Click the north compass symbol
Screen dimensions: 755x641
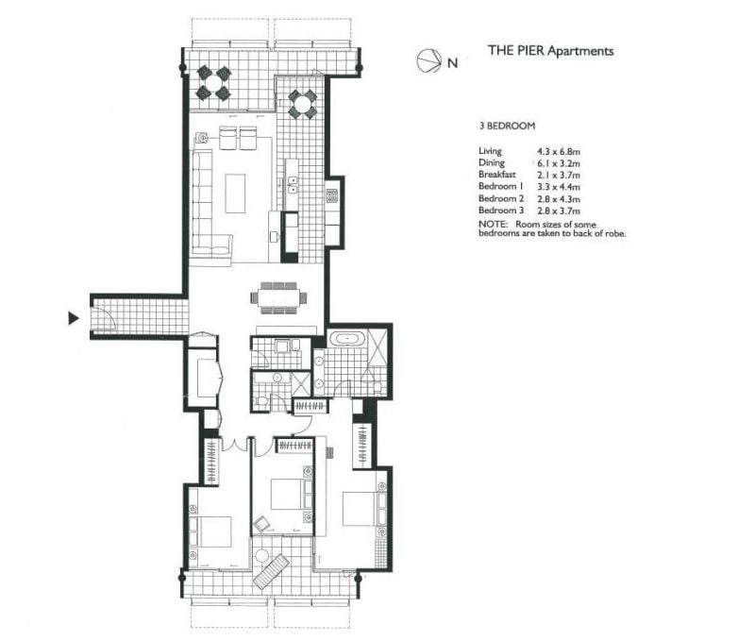point(429,61)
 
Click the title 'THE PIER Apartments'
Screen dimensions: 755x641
point(551,51)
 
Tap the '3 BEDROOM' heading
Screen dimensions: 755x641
point(507,126)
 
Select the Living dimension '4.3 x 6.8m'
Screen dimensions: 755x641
point(559,152)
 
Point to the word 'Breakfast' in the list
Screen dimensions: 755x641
point(497,175)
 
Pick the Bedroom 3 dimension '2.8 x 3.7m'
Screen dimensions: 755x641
point(559,211)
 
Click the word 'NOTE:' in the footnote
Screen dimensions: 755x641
point(493,225)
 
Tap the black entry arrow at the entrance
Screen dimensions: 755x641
point(74,318)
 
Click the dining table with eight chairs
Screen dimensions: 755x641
point(278,298)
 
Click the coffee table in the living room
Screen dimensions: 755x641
point(235,194)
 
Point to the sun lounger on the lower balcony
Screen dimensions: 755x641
point(271,572)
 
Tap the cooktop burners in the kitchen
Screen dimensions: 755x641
point(332,195)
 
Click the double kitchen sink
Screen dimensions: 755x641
point(293,185)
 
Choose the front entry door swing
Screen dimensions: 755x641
point(105,318)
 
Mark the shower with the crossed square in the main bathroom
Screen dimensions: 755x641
point(377,347)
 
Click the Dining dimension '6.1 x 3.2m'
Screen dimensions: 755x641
point(559,163)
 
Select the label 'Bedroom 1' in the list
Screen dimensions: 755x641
point(501,186)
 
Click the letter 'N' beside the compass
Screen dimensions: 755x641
point(453,63)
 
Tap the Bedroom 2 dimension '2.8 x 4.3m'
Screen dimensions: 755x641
point(559,199)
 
